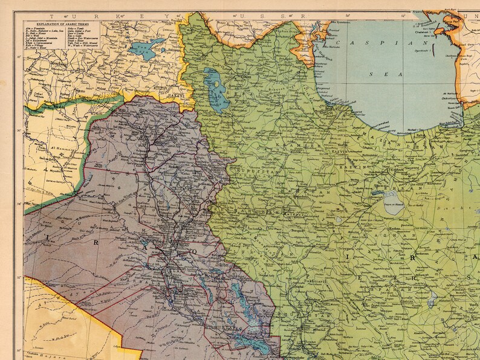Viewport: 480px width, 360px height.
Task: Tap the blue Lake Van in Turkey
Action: pyautogui.click(x=146, y=48)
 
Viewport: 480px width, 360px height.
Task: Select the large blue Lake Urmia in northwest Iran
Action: pyautogui.click(x=215, y=88)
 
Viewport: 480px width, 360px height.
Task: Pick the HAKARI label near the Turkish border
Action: pyautogui.click(x=175, y=95)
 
